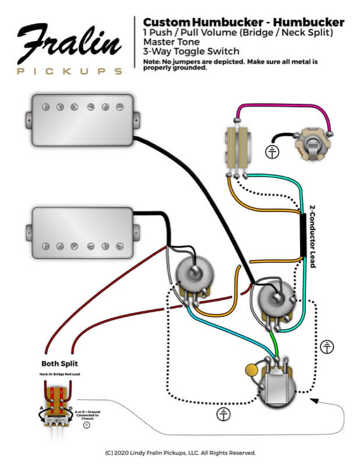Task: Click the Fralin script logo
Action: pyautogui.click(x=69, y=44)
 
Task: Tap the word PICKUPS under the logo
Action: pyautogui.click(x=69, y=72)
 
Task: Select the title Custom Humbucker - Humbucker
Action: pyautogui.click(x=243, y=22)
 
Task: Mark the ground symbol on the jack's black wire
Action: pyautogui.click(x=271, y=153)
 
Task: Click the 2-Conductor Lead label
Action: pyautogui.click(x=312, y=236)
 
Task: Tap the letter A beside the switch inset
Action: pyautogui.click(x=40, y=408)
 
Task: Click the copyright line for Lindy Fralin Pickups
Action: pyautogui.click(x=180, y=453)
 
